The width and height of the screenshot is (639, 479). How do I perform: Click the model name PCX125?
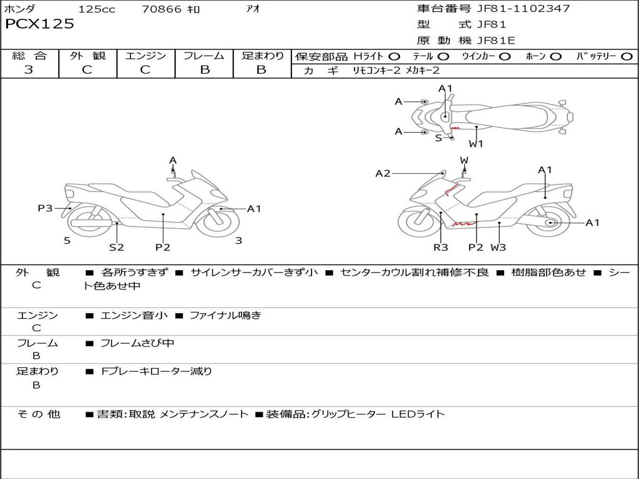39,24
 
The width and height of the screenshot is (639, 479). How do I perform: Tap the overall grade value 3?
29,70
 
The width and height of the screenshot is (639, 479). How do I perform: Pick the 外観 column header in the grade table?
87,56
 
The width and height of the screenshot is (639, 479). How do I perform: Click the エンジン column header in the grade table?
145,56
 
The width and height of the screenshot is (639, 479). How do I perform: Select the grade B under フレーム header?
205,70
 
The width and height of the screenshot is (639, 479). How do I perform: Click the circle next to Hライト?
394,57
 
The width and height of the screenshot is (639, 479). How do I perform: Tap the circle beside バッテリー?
627,57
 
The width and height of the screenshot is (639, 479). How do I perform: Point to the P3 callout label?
45,208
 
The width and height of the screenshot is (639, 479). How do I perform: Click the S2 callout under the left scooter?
117,247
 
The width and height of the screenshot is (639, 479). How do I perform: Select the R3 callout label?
441,247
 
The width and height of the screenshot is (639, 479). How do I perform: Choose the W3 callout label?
498,247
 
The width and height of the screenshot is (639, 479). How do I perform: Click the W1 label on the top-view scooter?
476,143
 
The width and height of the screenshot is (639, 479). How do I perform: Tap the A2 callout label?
383,173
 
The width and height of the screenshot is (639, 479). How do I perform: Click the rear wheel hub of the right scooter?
550,223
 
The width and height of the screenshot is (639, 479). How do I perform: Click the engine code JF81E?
497,41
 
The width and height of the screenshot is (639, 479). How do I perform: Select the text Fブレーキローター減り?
157,371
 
